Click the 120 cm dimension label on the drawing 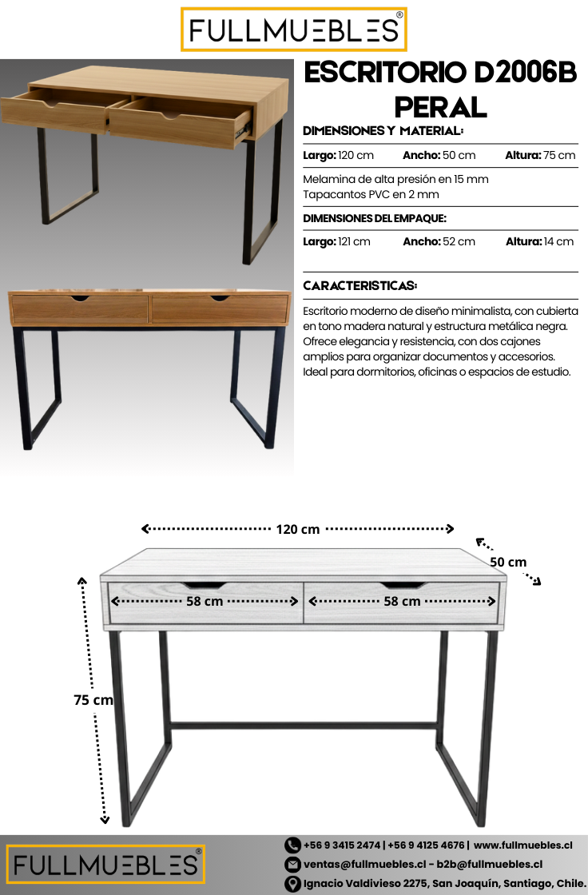tap(298, 529)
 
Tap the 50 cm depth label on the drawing tap(508, 562)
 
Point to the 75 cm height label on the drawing tap(93, 700)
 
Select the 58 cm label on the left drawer tap(205, 601)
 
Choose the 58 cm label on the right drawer tap(402, 601)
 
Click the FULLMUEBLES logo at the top tap(293, 30)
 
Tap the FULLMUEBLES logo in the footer tap(105, 865)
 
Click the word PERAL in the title tap(440, 106)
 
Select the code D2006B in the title tap(526, 74)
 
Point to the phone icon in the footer tap(292, 845)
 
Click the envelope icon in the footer tap(292, 864)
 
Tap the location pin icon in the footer tap(292, 884)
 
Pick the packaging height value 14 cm tap(558, 241)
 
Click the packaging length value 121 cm tap(354, 241)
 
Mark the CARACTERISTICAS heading tap(360, 285)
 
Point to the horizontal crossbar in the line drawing tap(304, 726)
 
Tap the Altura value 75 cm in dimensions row tap(559, 155)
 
